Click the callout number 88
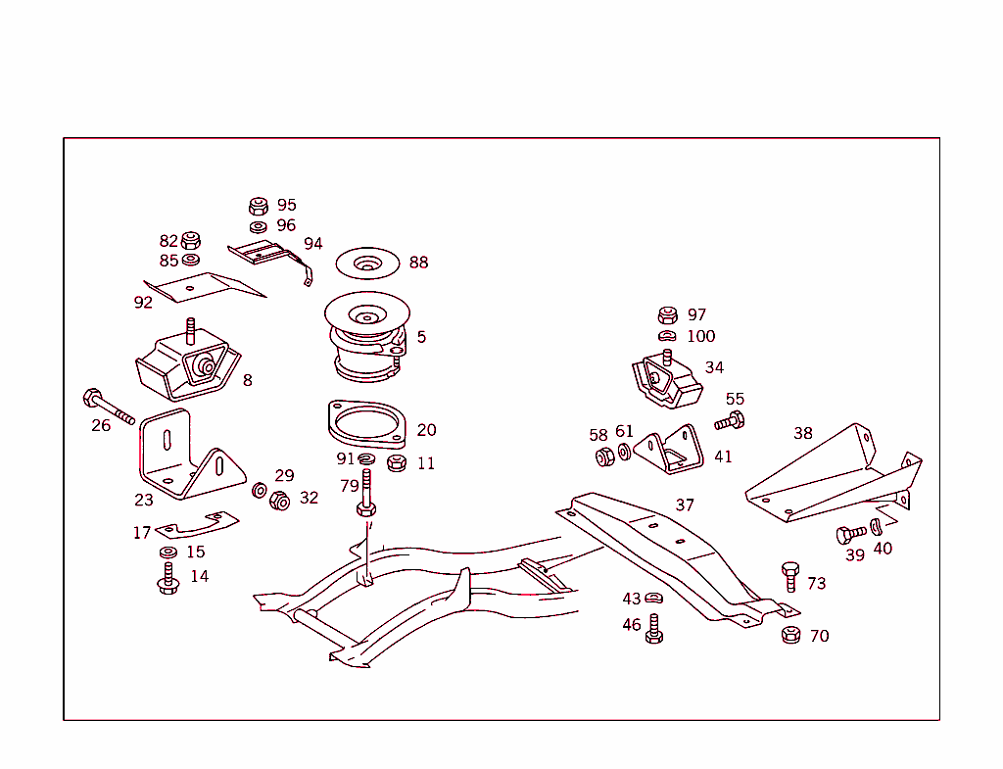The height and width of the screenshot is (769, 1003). pyautogui.click(x=418, y=263)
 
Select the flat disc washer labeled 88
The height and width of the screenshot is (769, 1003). pyautogui.click(x=367, y=264)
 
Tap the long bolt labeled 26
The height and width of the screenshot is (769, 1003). pyautogui.click(x=108, y=407)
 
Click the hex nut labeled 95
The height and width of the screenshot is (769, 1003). pyautogui.click(x=259, y=206)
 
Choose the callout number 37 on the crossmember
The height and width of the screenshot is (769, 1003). pyautogui.click(x=685, y=505)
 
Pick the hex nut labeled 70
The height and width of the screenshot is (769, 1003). pyautogui.click(x=791, y=635)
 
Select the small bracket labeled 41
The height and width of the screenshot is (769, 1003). pyautogui.click(x=671, y=451)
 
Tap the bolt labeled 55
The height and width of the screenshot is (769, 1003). pyautogui.click(x=731, y=421)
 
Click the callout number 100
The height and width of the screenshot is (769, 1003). pyautogui.click(x=700, y=336)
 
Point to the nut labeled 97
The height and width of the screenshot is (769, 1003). pyautogui.click(x=667, y=314)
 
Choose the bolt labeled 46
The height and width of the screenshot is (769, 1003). pyautogui.click(x=654, y=629)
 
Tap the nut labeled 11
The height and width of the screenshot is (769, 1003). pyautogui.click(x=397, y=463)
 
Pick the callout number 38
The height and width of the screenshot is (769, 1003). pyautogui.click(x=802, y=433)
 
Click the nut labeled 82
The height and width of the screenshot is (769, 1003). pyautogui.click(x=191, y=240)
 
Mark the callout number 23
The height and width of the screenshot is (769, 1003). pyautogui.click(x=144, y=500)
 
